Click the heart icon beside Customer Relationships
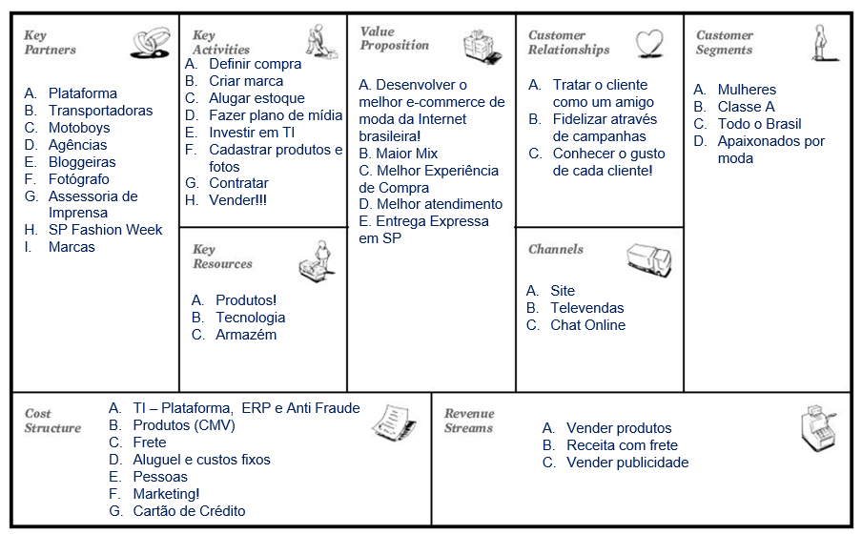[x=649, y=44]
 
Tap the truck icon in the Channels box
[x=649, y=259]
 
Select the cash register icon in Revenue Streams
[x=818, y=428]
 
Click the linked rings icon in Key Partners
[x=150, y=43]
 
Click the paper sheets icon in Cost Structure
[x=394, y=422]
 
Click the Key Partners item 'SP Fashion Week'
[x=105, y=230]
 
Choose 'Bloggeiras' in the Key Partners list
[x=82, y=162]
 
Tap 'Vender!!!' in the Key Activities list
[x=237, y=200]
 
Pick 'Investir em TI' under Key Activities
[x=252, y=133]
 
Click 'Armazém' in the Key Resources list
[x=246, y=335]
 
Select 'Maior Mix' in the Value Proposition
[x=407, y=154]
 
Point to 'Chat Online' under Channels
[x=587, y=325]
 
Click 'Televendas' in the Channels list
[x=587, y=308]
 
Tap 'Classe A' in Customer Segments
[x=746, y=107]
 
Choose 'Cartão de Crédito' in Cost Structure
[x=189, y=511]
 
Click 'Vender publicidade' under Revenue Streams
[x=627, y=463]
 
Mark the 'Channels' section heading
[x=556, y=249]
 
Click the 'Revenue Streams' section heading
[x=469, y=421]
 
